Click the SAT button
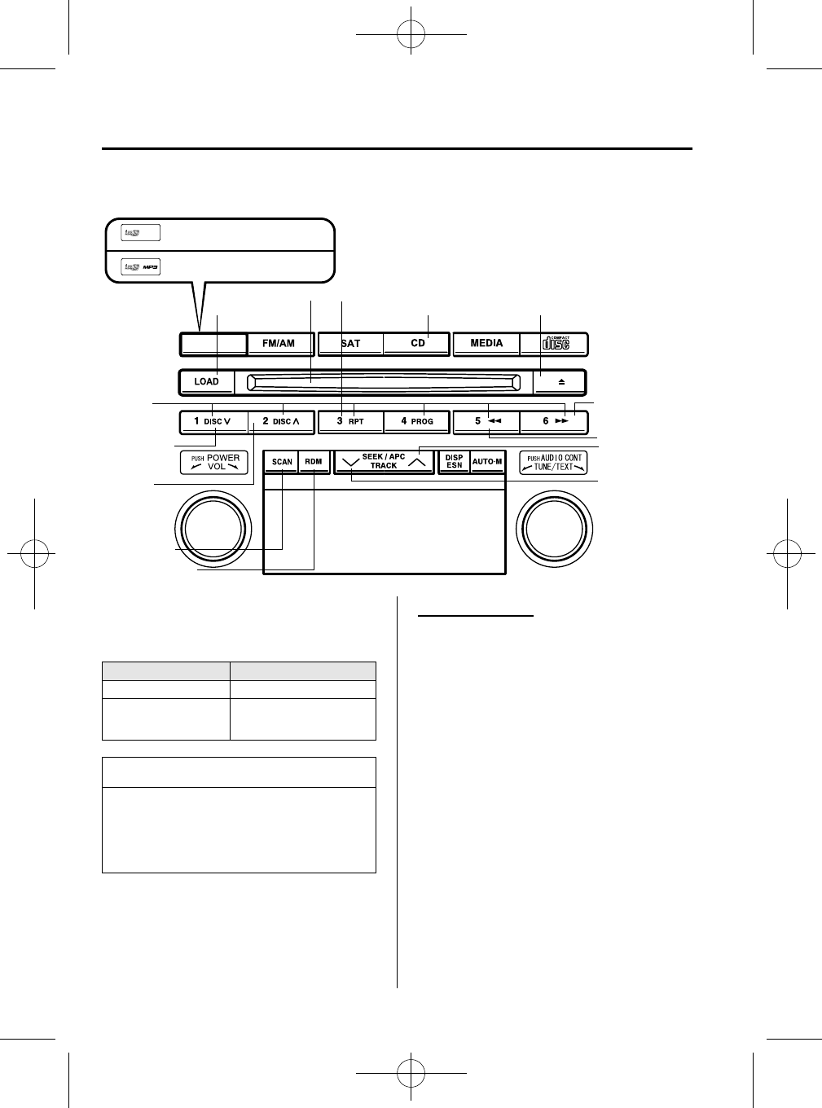(350, 344)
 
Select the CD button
(417, 344)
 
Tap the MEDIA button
(486, 344)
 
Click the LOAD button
(207, 381)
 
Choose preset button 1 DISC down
(213, 422)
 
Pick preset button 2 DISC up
(281, 422)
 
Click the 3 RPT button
(350, 422)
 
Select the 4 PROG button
(417, 422)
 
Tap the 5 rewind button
(486, 422)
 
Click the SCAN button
(282, 462)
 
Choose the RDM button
(314, 462)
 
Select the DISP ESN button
(455, 462)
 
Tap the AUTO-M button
(487, 462)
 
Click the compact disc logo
(556, 344)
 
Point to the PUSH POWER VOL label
(213, 463)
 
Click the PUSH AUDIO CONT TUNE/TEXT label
(554, 463)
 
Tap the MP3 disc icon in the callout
(140, 266)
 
